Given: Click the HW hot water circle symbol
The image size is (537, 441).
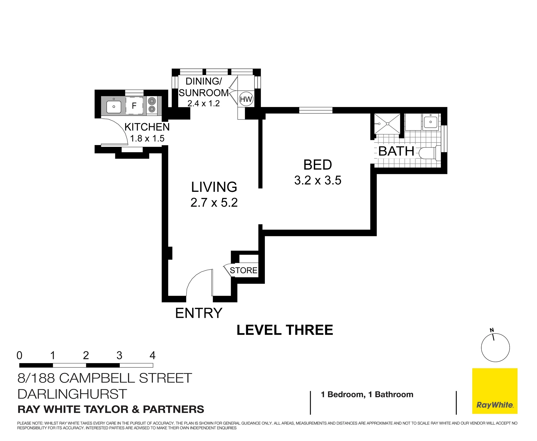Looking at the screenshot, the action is click(x=246, y=99).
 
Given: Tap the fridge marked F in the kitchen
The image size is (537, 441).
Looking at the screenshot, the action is click(x=134, y=106).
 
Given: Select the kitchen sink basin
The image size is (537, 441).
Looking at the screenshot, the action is click(x=114, y=107).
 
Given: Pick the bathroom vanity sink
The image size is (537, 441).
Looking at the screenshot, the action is click(x=430, y=122).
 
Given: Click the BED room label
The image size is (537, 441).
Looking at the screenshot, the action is click(x=318, y=165).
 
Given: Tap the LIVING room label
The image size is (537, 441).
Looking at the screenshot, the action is click(x=214, y=187).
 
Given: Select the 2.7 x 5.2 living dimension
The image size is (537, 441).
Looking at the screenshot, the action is click(x=214, y=202).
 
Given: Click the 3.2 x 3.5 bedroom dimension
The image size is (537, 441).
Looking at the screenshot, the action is click(x=318, y=180).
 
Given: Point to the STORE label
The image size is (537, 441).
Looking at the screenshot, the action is click(x=243, y=270).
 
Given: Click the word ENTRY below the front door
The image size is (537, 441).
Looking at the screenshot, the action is click(x=199, y=313).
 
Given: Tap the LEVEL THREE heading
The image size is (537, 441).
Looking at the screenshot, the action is click(x=285, y=330).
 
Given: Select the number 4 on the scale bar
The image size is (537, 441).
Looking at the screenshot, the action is click(x=152, y=356).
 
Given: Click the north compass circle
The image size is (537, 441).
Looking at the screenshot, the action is click(x=495, y=348).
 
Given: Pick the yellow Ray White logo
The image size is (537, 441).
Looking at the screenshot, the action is click(x=495, y=391).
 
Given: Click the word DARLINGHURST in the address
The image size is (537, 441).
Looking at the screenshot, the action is click(x=72, y=394).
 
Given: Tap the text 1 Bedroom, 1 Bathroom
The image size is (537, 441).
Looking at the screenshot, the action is click(x=367, y=395).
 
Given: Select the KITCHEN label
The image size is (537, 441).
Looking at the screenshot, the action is click(x=147, y=127).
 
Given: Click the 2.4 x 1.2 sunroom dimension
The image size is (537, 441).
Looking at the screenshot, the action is click(x=204, y=104).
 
